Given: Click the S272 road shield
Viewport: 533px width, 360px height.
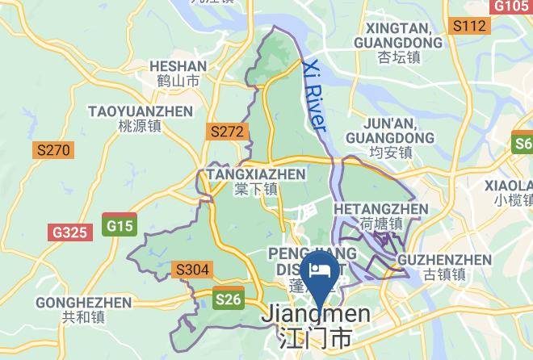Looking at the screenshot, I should point(226,131).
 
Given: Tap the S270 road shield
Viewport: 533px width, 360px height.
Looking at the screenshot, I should point(53,149).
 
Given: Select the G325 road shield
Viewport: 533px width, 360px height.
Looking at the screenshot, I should point(69,232).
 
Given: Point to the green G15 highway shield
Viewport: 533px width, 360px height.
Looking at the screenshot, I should point(120,226).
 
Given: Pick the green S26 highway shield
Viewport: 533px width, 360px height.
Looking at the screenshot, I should point(229,299).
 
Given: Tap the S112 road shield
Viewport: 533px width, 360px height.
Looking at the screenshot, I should point(469,27).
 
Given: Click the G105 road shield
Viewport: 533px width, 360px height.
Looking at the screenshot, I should point(510,6).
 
